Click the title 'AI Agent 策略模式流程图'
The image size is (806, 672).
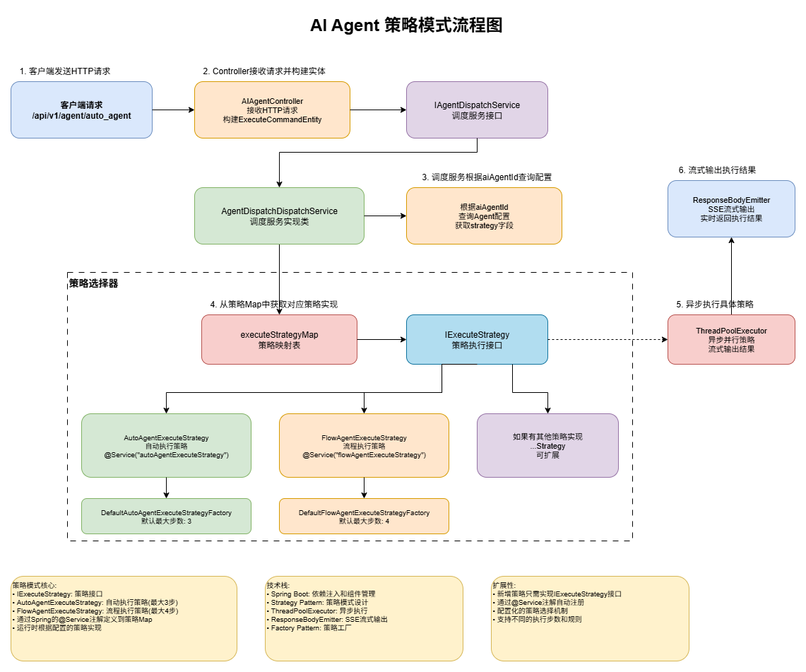(406, 25)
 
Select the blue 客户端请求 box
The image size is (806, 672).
(81, 110)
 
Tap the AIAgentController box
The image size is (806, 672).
(272, 110)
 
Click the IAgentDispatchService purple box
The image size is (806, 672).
(477, 110)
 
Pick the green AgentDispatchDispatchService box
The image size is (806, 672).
(279, 216)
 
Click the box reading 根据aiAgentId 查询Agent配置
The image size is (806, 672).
(484, 216)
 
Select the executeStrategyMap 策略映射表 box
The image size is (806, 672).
(279, 339)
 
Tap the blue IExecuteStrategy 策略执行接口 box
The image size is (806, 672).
(477, 339)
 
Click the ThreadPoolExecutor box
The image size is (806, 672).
(731, 339)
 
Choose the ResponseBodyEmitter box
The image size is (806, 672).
(731, 208)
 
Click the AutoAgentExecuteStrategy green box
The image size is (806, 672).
(166, 445)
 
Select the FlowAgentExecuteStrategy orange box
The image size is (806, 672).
(364, 445)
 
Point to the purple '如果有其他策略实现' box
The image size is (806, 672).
(547, 445)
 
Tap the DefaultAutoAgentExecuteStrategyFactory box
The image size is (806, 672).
(166, 516)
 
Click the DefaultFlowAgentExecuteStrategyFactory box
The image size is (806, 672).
(364, 516)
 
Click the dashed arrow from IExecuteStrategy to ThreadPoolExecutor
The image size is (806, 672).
(608, 339)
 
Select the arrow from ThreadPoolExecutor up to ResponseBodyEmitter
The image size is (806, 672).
(731, 276)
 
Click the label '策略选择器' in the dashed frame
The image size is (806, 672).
(94, 283)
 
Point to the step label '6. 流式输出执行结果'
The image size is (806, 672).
(717, 170)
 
